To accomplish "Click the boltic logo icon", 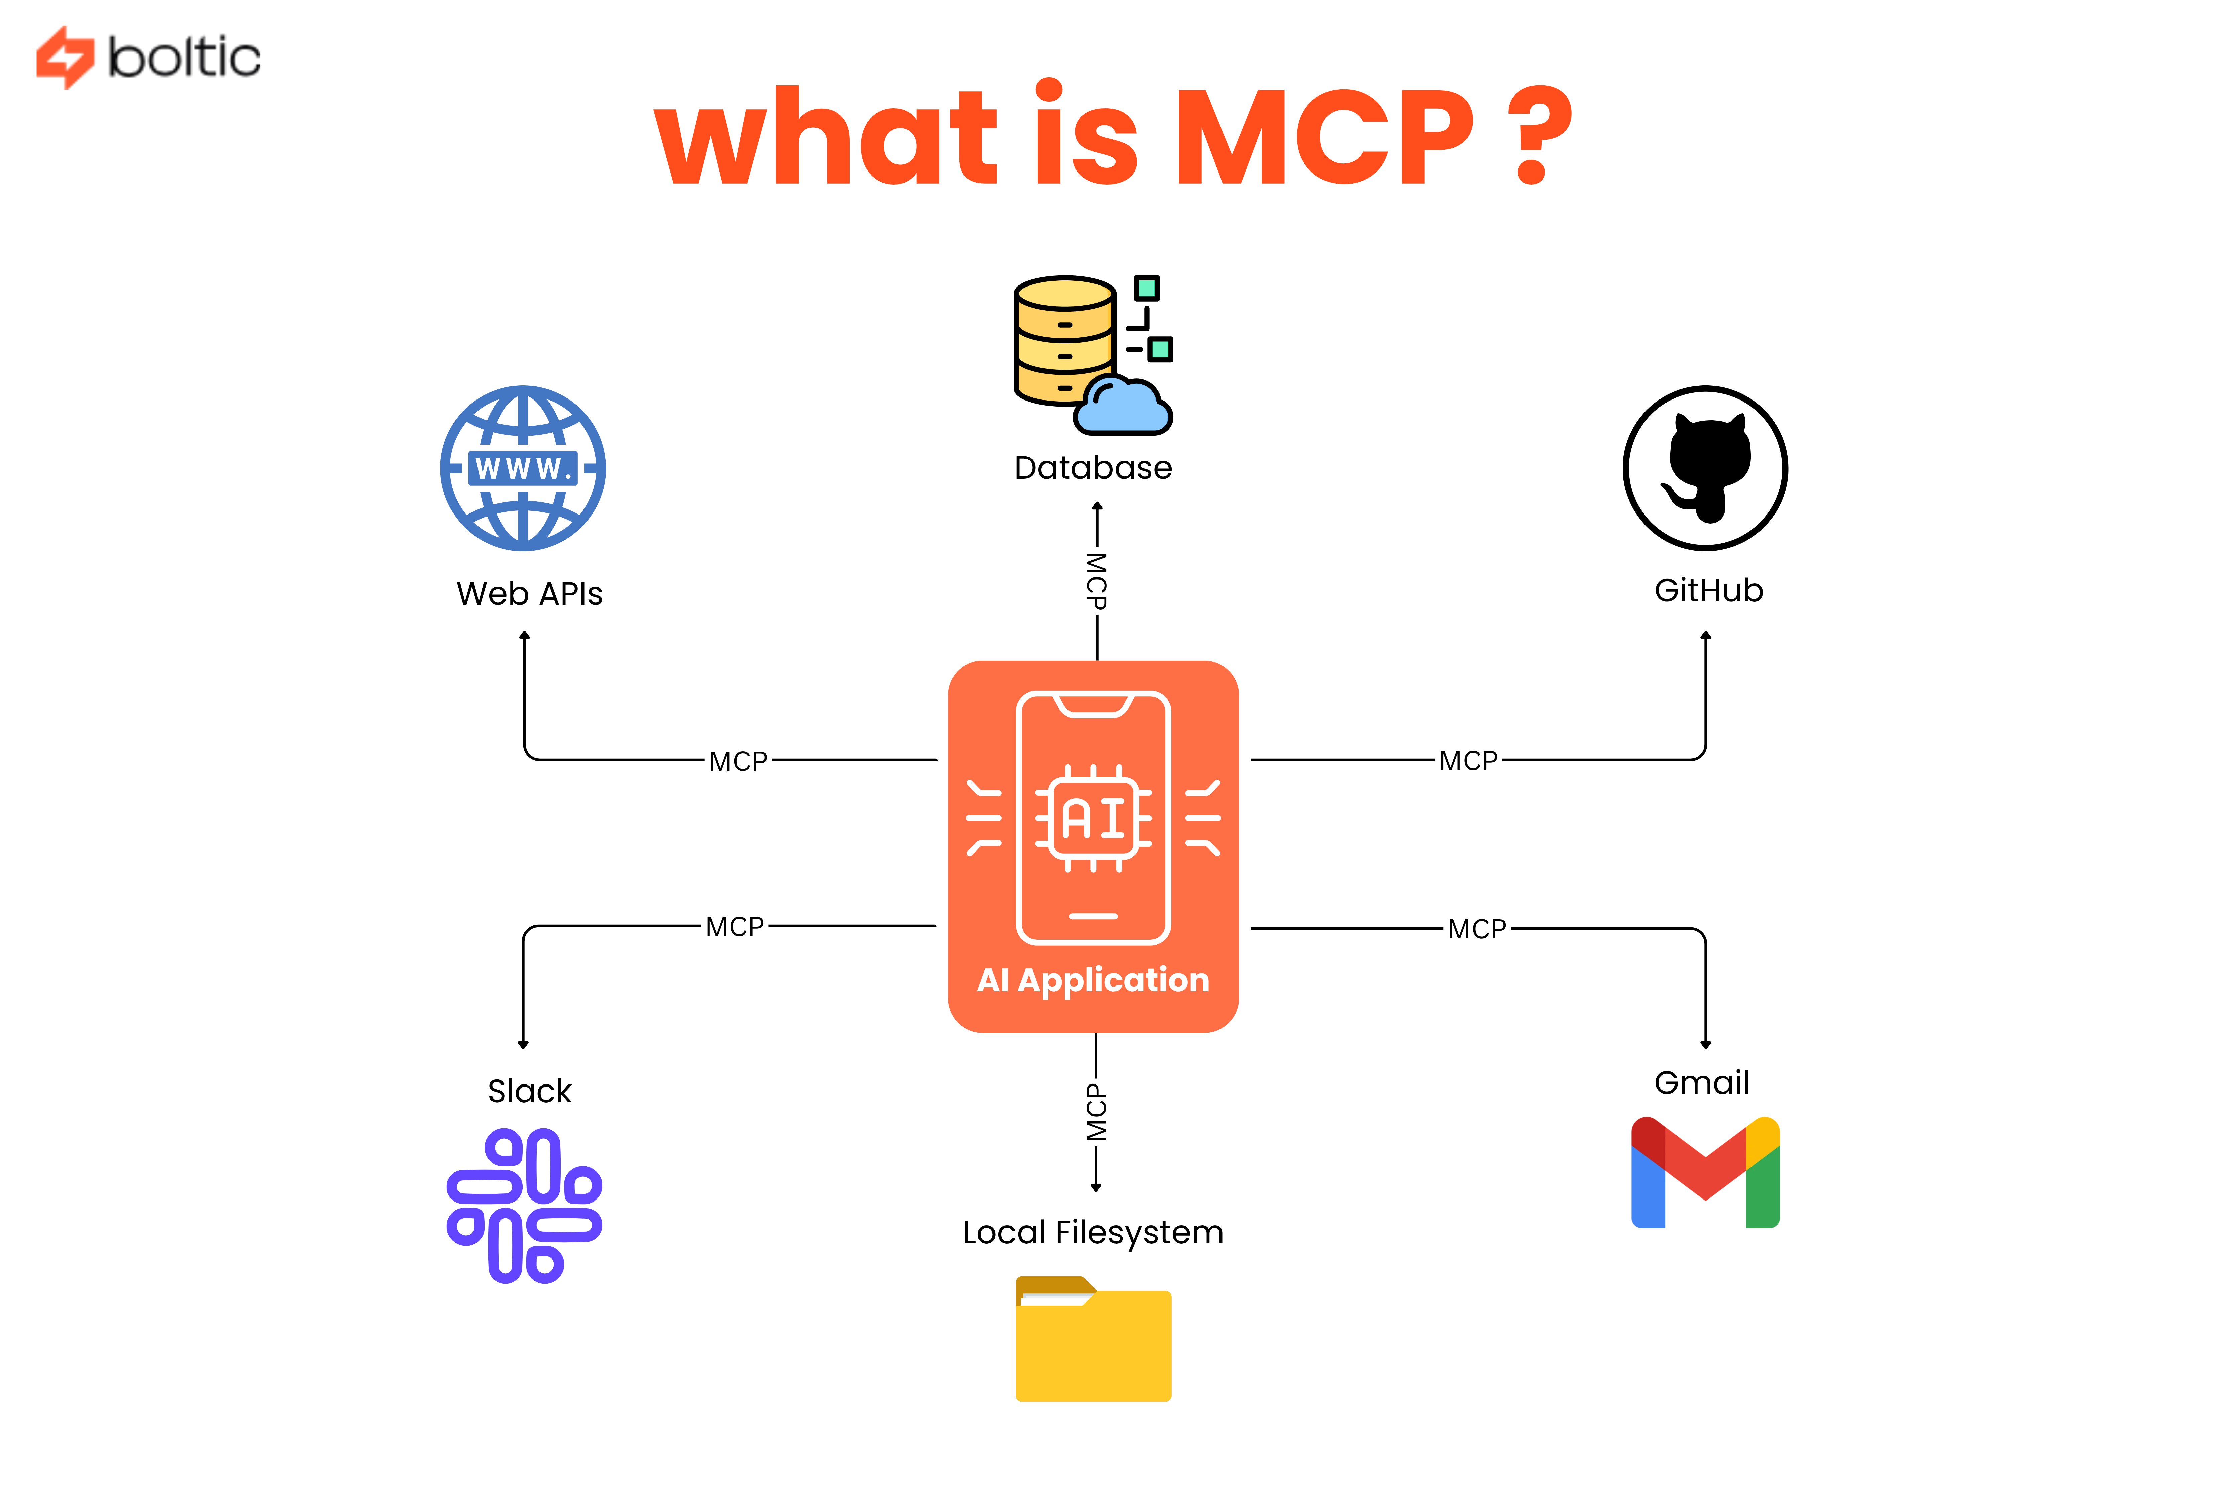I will (x=65, y=57).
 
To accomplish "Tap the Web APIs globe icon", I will (x=523, y=468).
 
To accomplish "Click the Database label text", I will (x=1092, y=468).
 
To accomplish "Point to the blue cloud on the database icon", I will (x=1124, y=407).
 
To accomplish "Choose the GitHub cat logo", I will (x=1705, y=468).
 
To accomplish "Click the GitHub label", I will (x=1708, y=590).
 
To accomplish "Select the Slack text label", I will (x=530, y=1091).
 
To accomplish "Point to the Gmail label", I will (x=1701, y=1082).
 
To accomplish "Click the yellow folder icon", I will (x=1093, y=1339).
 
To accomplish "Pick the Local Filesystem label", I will (x=1092, y=1232).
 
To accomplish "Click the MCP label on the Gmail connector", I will (x=1476, y=929).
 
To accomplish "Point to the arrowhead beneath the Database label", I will (x=1097, y=507).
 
